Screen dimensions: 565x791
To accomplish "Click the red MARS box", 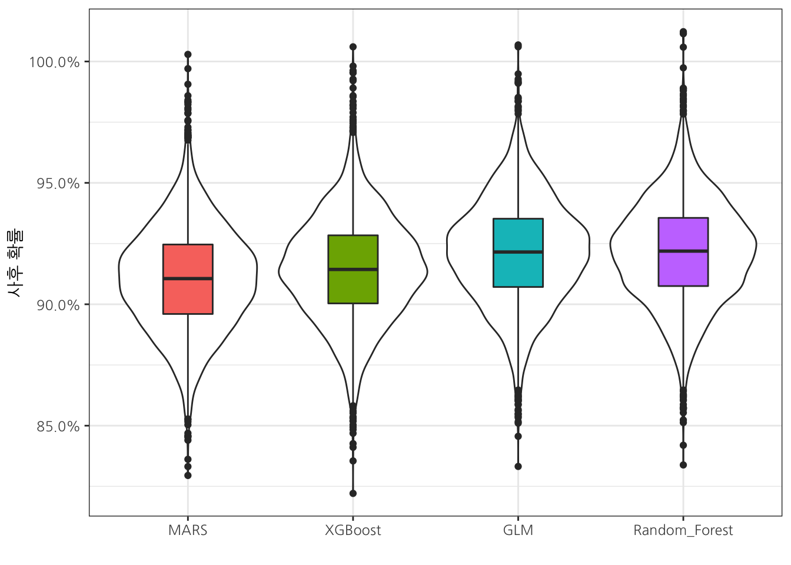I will (188, 294).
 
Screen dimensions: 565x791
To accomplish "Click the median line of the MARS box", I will (188, 278).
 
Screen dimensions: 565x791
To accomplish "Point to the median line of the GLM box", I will (518, 252).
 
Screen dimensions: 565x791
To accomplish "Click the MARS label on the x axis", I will (188, 530).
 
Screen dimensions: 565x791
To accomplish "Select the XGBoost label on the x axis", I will (353, 530).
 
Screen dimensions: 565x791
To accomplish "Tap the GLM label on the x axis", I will (518, 530).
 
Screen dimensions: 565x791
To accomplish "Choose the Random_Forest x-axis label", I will (683, 530).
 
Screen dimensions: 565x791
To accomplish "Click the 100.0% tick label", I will (54, 62).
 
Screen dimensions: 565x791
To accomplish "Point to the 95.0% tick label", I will (54, 183).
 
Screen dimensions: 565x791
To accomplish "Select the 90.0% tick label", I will (54, 305).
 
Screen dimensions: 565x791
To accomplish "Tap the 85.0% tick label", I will (54, 426).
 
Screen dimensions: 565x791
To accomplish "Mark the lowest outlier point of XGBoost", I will (353, 493).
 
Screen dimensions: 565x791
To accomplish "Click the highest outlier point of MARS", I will (188, 54).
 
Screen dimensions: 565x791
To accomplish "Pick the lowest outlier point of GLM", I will (518, 466).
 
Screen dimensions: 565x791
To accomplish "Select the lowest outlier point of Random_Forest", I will (683, 464).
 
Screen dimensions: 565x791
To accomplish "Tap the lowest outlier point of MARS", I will (188, 475).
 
